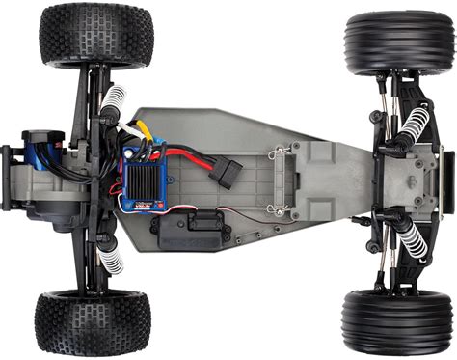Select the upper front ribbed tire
[397, 43]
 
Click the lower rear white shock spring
[112, 259]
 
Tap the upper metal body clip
[279, 151]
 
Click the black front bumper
[444, 182]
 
